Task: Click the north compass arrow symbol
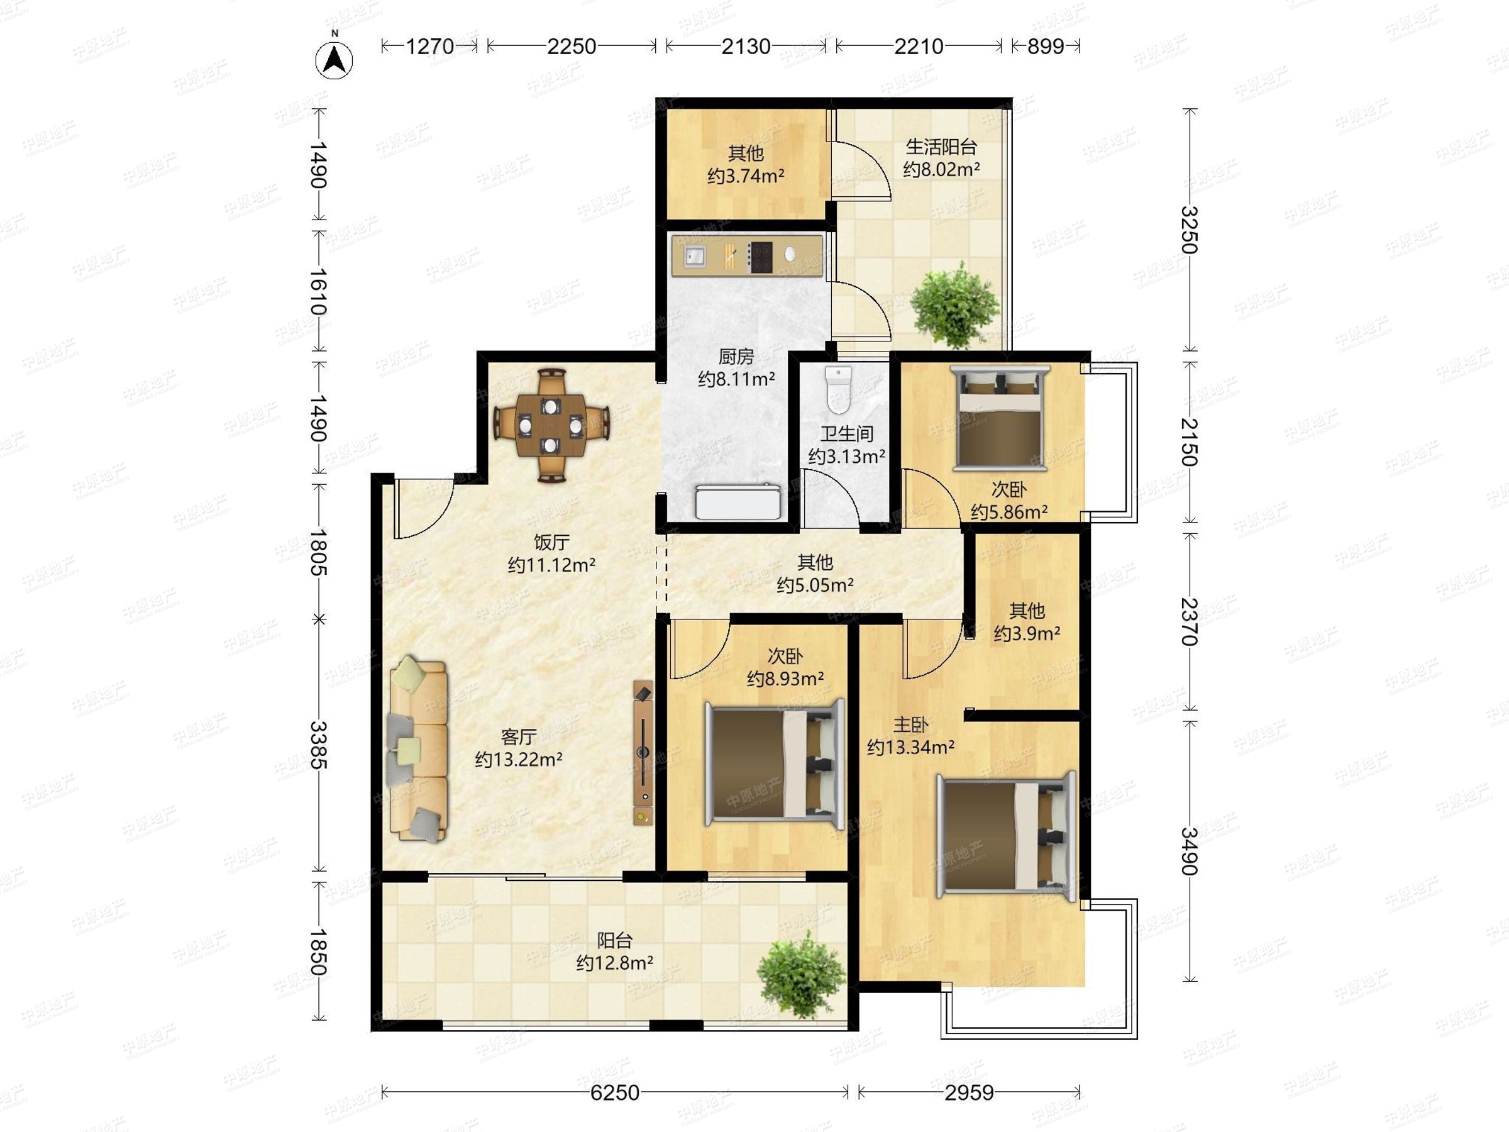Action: point(334,59)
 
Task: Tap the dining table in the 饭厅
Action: point(551,426)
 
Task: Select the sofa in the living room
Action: point(417,748)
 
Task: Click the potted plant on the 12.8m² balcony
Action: point(802,974)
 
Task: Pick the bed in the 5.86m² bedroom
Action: point(1001,417)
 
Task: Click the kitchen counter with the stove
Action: point(747,255)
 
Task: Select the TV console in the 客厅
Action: point(643,753)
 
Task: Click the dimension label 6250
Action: point(615,1092)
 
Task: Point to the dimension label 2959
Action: point(970,1092)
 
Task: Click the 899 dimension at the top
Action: point(1046,47)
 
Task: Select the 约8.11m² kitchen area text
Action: point(736,379)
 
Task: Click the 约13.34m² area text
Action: point(910,748)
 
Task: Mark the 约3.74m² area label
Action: point(746,176)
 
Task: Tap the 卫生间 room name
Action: point(846,433)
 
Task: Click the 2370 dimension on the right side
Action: point(1190,621)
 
